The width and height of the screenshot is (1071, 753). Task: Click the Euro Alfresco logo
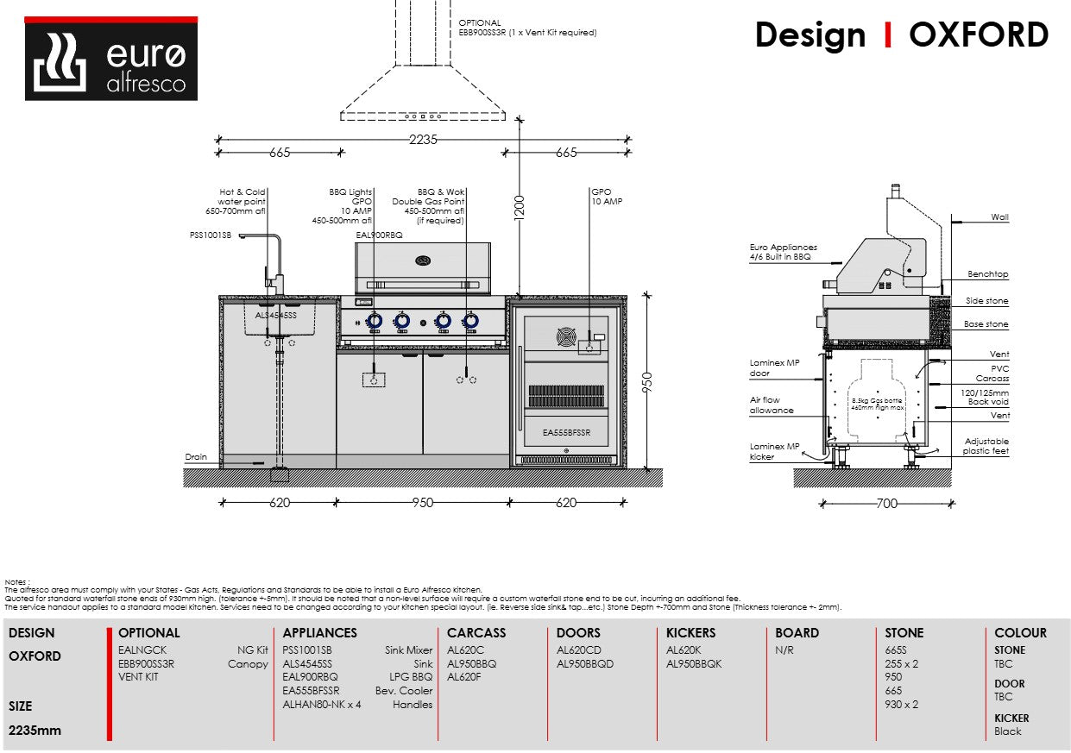(110, 59)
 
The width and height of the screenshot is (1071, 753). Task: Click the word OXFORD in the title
(979, 35)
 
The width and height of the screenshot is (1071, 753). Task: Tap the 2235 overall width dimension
(423, 140)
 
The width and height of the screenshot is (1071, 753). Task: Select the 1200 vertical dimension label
(520, 206)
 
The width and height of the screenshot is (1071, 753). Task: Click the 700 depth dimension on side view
(886, 504)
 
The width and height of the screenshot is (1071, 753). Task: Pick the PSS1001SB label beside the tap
(211, 235)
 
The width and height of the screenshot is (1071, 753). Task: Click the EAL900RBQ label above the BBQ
(379, 235)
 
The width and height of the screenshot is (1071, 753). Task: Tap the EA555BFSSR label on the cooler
(567, 432)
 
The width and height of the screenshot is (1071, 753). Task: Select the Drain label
(196, 457)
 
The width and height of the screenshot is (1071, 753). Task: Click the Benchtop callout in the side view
(987, 274)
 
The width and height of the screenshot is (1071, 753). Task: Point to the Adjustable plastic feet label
(986, 446)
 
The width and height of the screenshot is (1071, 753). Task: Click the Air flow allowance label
(771, 405)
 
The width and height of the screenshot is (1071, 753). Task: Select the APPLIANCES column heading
(319, 633)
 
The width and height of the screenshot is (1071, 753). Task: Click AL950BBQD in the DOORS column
(585, 664)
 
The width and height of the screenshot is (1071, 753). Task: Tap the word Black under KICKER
(1007, 731)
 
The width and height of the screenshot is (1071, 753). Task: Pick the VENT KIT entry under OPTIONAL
(138, 678)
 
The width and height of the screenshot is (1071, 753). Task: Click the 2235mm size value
(35, 731)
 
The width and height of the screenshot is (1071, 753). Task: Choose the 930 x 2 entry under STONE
(901, 705)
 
